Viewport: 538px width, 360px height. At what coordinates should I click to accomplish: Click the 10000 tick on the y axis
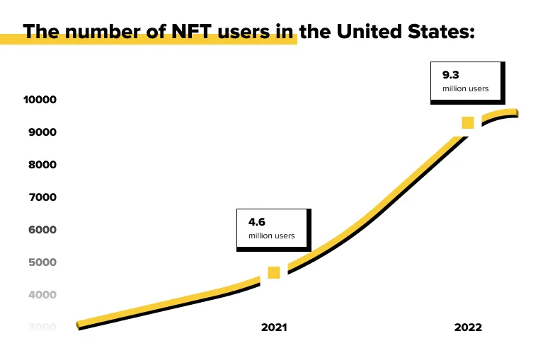click(40, 100)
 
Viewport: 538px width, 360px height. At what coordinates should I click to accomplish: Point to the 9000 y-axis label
click(42, 132)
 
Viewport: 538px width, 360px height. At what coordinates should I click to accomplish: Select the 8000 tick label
click(42, 165)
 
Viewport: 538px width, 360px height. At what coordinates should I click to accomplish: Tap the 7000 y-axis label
click(42, 197)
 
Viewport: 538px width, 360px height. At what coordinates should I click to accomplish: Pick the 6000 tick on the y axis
click(42, 230)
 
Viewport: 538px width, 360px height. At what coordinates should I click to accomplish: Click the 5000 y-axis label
click(42, 262)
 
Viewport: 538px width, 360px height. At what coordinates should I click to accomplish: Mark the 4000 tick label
click(42, 295)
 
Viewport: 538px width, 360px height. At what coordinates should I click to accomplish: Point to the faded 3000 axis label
click(42, 327)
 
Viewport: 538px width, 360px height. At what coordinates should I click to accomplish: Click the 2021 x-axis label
click(275, 327)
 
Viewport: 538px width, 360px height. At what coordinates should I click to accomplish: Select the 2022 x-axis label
click(468, 327)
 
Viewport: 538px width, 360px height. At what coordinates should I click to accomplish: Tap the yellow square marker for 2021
click(274, 273)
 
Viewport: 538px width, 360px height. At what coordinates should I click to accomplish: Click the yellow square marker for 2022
click(468, 123)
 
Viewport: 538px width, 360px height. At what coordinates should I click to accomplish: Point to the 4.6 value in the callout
click(256, 221)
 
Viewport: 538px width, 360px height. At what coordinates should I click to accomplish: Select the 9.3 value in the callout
click(451, 74)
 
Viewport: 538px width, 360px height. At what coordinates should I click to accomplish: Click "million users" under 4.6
click(271, 236)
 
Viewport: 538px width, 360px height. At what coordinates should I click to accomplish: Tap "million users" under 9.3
click(466, 88)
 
